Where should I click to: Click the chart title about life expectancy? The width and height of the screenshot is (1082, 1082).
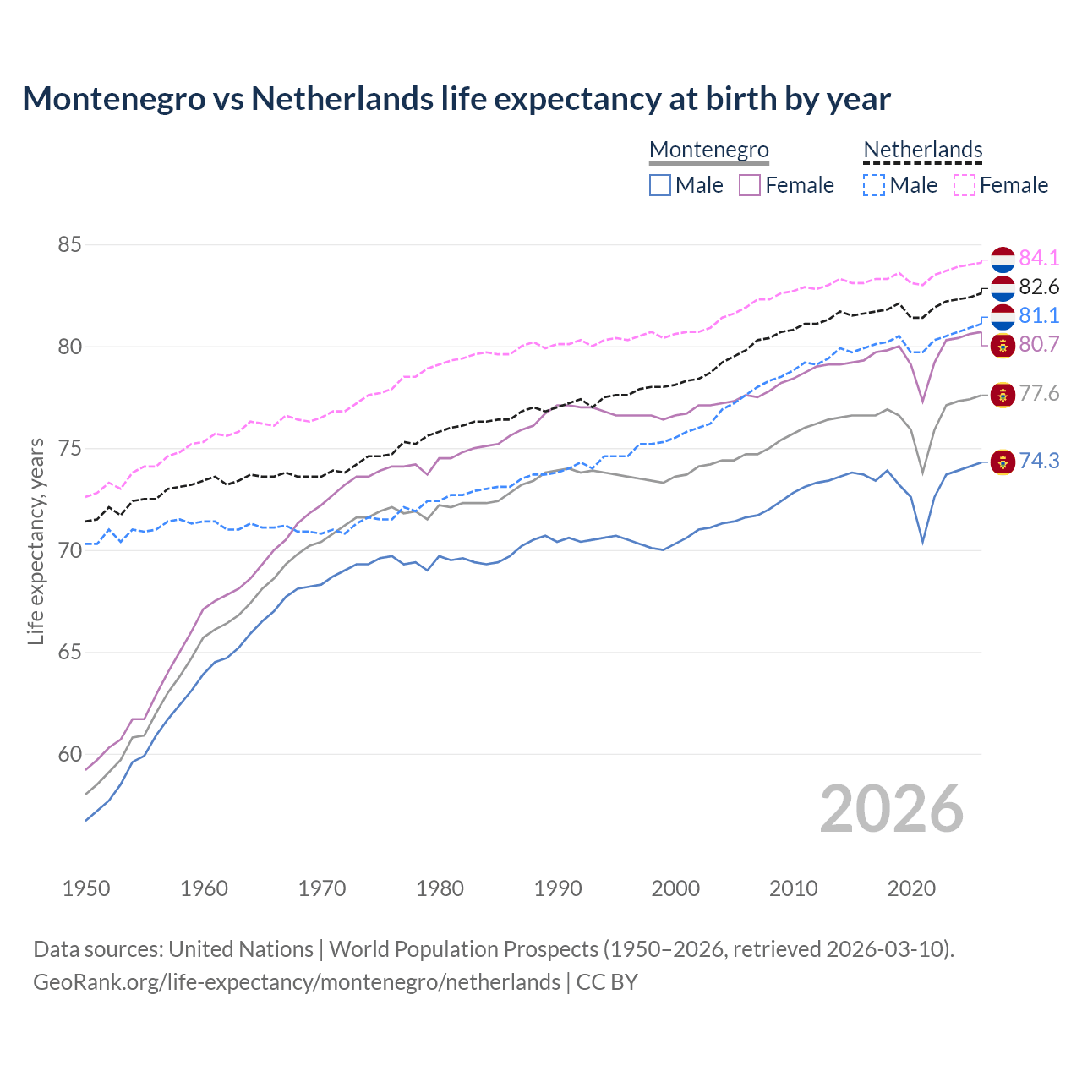click(x=456, y=99)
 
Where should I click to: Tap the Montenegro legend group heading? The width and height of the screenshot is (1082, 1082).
click(x=709, y=150)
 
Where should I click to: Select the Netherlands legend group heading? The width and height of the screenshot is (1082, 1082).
click(x=923, y=150)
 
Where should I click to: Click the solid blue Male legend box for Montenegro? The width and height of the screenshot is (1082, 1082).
click(x=660, y=185)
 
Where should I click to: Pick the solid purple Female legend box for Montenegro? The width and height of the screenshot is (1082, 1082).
click(x=750, y=185)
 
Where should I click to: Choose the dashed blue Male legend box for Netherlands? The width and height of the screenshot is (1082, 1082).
click(x=874, y=185)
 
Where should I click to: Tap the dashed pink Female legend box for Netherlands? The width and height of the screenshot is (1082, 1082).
click(x=965, y=185)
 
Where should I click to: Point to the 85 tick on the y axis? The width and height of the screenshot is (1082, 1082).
click(x=69, y=245)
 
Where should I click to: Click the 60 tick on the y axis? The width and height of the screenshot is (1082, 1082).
click(x=69, y=754)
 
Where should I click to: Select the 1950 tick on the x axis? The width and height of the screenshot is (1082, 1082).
click(x=86, y=888)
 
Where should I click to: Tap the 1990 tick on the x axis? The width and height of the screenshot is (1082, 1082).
click(x=558, y=888)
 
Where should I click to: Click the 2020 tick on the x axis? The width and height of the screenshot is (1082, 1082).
click(x=911, y=888)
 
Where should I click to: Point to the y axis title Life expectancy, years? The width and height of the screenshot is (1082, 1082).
click(x=36, y=541)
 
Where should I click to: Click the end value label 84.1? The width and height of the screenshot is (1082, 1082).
click(x=1039, y=258)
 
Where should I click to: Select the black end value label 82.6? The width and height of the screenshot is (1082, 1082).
click(x=1039, y=287)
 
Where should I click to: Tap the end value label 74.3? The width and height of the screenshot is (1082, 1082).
click(x=1039, y=461)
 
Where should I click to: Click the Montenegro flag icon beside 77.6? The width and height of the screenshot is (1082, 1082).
click(x=1003, y=394)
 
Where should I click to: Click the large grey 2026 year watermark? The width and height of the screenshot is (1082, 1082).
click(x=892, y=809)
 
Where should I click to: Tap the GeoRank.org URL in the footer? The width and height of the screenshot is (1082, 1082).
click(x=297, y=982)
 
